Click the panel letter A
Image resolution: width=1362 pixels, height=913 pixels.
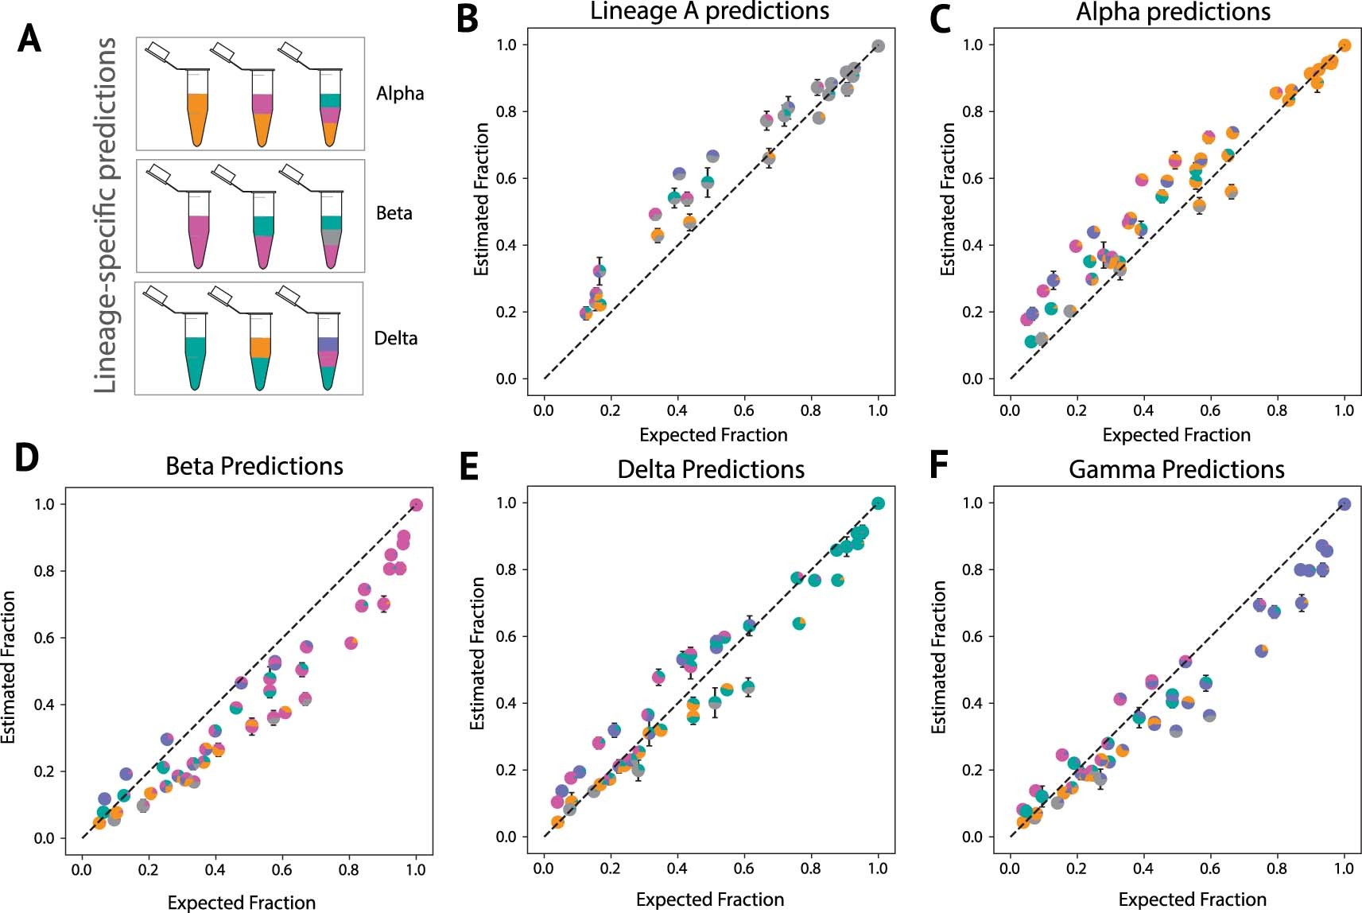(x=29, y=38)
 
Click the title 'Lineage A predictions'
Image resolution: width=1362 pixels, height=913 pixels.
(x=709, y=11)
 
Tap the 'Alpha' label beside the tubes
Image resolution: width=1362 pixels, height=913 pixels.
(x=400, y=94)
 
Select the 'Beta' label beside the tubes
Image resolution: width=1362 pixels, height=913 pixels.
(x=394, y=213)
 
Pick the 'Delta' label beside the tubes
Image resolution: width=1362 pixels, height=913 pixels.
(x=396, y=338)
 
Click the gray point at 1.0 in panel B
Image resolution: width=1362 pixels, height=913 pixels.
(x=878, y=46)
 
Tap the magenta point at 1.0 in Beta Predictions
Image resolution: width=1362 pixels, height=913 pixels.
(x=416, y=505)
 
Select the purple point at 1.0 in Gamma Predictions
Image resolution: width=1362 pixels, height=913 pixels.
(x=1345, y=504)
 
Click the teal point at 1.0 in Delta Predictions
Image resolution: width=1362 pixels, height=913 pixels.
(x=879, y=503)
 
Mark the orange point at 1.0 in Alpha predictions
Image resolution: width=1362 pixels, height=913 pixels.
(x=1345, y=45)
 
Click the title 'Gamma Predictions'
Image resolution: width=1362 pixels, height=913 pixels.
(x=1176, y=469)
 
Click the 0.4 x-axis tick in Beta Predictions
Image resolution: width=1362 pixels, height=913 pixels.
(x=215, y=870)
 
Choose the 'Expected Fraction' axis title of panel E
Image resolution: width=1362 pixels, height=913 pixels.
(x=710, y=899)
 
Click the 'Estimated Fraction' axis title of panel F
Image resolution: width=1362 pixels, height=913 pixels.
(x=939, y=657)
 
